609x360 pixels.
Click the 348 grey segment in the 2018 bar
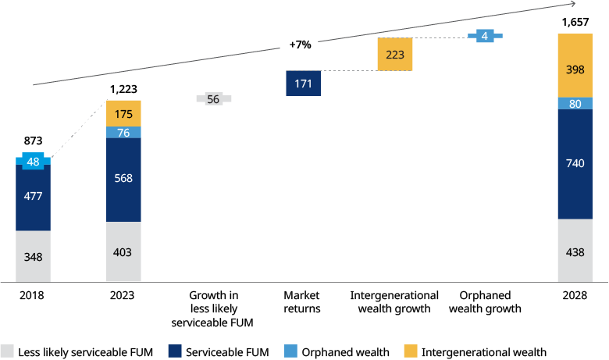click(x=33, y=255)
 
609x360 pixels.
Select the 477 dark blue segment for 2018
click(x=33, y=197)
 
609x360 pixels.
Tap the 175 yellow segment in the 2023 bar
click(x=123, y=113)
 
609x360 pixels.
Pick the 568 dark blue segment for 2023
click(x=123, y=177)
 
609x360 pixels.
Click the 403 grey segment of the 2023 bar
click(x=123, y=251)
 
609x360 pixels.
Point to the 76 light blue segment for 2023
click(x=123, y=132)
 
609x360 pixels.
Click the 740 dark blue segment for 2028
click(x=574, y=163)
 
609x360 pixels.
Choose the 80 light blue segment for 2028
click(x=574, y=103)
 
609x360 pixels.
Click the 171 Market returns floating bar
click(x=304, y=83)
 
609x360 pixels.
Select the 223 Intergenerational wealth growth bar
click(x=394, y=54)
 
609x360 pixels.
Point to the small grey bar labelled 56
click(x=213, y=99)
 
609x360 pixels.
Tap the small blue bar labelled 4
click(x=485, y=36)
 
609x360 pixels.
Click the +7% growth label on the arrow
click(x=300, y=45)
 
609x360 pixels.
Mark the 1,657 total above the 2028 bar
click(x=574, y=23)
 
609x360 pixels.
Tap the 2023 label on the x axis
click(x=123, y=296)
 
